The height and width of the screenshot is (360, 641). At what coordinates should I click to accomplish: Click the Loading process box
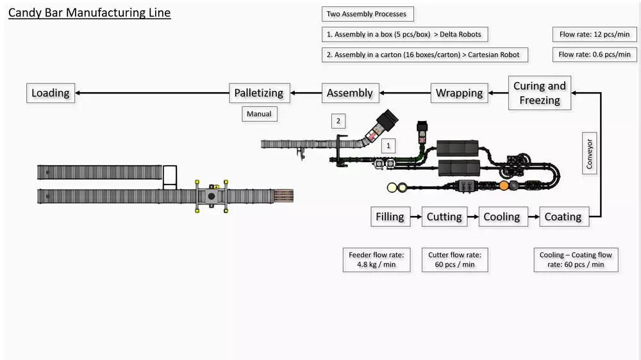51,93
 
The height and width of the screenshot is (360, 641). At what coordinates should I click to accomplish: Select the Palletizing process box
260,93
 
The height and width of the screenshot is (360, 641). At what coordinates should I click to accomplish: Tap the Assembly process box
350,93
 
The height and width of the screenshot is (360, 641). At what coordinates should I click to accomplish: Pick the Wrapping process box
459,93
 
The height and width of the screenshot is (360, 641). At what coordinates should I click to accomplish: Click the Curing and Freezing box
540,93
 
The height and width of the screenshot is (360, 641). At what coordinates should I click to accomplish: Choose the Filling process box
390,217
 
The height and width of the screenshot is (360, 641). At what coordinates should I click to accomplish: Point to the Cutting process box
444,217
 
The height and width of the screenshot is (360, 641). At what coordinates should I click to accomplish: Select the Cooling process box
502,217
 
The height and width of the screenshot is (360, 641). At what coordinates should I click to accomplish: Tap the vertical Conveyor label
590,154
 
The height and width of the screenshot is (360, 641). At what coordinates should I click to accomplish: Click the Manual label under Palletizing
259,114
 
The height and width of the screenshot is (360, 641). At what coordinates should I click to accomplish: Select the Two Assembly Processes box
367,13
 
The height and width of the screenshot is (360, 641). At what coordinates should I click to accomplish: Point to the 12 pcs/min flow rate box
595,34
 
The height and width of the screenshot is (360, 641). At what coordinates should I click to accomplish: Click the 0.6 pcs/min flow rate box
595,54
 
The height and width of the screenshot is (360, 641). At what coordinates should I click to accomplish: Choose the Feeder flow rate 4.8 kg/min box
376,259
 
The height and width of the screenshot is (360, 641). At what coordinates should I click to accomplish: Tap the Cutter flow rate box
455,259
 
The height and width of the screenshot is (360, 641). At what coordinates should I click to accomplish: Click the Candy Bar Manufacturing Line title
89,13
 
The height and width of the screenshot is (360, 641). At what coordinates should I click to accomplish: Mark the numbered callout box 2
338,120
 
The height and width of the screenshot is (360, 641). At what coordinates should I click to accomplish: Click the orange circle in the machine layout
504,186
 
